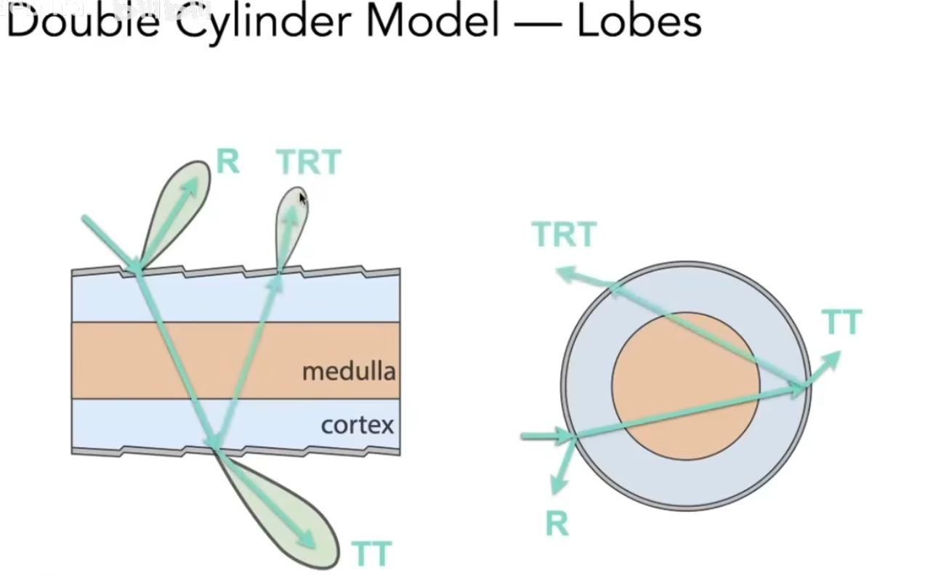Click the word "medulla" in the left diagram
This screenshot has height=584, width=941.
tap(349, 371)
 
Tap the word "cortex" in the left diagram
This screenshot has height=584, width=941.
tap(358, 424)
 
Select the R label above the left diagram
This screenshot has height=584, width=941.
tap(227, 161)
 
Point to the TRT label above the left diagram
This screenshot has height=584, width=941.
tap(309, 163)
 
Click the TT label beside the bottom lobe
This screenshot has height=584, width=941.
tap(371, 553)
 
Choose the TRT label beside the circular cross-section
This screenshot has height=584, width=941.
tap(564, 235)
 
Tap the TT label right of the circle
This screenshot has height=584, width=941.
tap(841, 322)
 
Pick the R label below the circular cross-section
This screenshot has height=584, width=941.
tap(557, 523)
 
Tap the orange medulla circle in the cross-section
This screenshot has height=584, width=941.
tap(685, 386)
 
